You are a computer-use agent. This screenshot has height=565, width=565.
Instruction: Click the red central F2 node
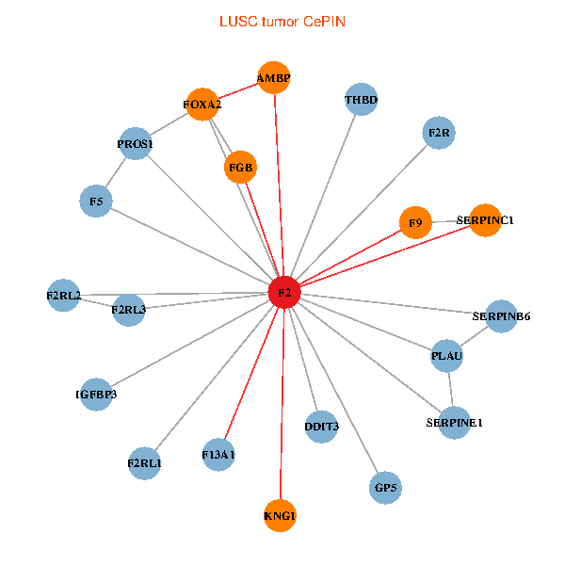coord(283,293)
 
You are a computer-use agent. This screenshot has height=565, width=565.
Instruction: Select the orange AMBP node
coord(274,77)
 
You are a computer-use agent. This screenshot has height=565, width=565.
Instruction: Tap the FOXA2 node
coord(203,105)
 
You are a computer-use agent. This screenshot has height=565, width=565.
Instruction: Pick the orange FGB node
coord(241,169)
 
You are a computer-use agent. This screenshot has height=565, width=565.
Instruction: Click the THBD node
coord(362,99)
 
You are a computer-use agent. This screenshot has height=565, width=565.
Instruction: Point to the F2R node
coord(440,133)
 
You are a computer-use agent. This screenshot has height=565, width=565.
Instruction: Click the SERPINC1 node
coord(485,220)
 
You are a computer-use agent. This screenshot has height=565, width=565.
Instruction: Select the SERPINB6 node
coord(501,316)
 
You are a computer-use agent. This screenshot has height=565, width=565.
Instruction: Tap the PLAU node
coord(446,356)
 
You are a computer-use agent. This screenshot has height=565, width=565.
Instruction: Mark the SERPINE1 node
coord(454,423)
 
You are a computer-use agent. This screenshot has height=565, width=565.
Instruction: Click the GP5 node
coord(386,488)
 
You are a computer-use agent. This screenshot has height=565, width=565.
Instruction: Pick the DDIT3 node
coord(322,427)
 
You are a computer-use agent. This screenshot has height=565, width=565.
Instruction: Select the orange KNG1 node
coord(280,516)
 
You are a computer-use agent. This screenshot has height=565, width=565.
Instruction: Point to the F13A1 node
coord(218,455)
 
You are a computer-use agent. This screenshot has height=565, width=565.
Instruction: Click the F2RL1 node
coord(144,463)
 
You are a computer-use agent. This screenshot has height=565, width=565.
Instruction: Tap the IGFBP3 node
coord(96,395)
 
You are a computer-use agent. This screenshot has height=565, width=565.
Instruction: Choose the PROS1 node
coord(136,144)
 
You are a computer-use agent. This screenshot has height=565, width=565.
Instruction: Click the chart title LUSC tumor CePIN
coord(282,21)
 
